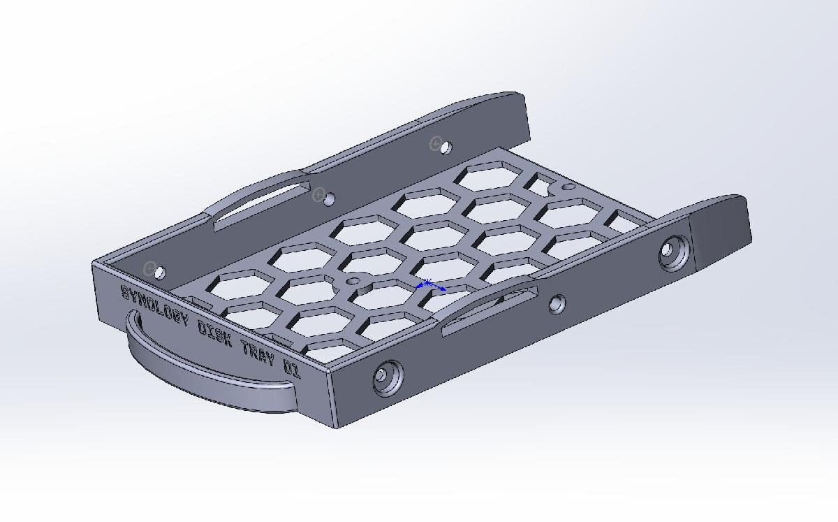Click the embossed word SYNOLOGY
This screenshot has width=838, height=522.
[155, 305]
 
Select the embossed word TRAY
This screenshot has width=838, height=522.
[258, 352]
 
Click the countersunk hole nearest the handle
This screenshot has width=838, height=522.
[386, 377]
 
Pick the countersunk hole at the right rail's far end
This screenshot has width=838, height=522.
[673, 252]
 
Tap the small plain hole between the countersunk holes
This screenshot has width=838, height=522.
[557, 304]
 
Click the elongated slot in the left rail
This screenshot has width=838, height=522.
[260, 206]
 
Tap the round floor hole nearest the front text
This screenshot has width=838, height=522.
[353, 281]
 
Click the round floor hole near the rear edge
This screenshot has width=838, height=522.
[568, 188]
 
